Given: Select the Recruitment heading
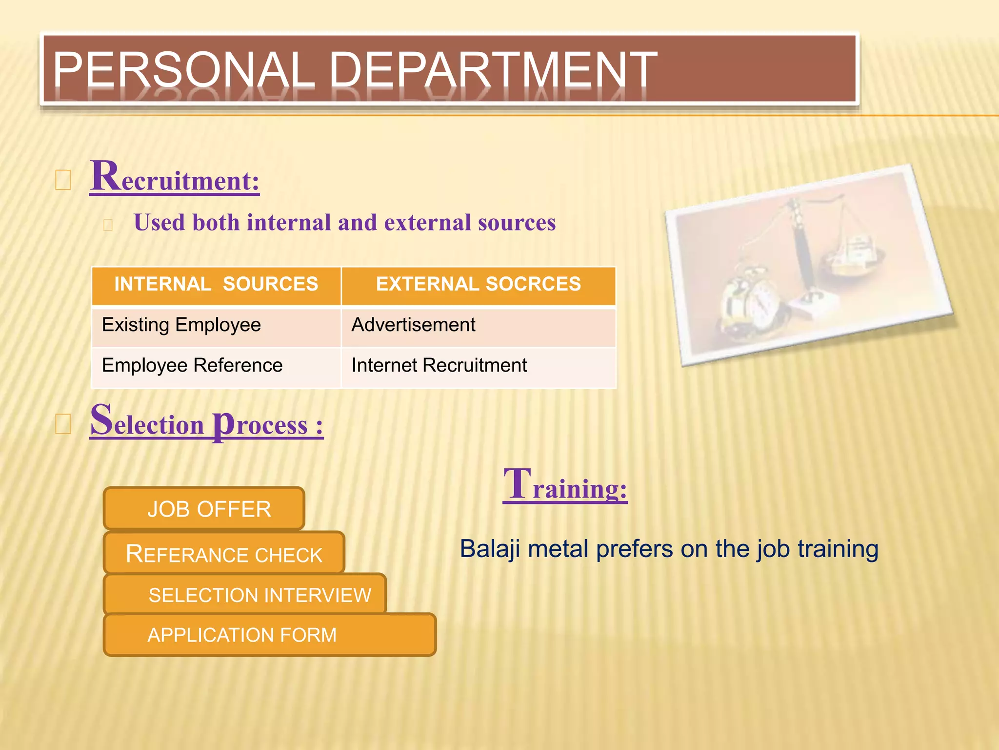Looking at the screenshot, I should coord(174,178).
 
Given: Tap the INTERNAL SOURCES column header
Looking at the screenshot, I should coord(216,285).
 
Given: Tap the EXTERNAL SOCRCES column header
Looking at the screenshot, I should coord(478,285).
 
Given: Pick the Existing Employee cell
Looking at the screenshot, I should coord(181,325).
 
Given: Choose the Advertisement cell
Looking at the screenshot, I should coord(413,325).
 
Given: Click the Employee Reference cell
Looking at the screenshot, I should coord(192,366).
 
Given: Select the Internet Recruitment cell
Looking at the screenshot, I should coord(439,366).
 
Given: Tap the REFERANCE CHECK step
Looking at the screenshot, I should coord(224,554).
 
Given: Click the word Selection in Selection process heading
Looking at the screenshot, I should coord(147,423).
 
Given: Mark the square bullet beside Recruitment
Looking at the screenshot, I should coord(63,180).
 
